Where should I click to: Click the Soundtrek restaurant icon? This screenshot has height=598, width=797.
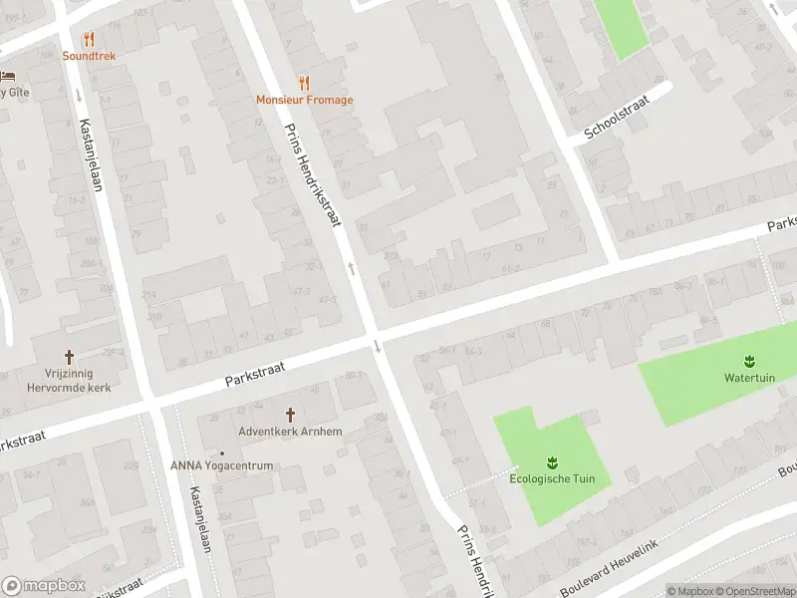[89, 40]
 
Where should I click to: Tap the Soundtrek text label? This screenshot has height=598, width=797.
[89, 56]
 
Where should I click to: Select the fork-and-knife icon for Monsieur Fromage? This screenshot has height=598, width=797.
[304, 84]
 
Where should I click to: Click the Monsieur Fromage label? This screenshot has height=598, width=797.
[304, 100]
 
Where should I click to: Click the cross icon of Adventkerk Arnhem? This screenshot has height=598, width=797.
[291, 414]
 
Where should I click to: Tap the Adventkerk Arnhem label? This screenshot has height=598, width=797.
[291, 432]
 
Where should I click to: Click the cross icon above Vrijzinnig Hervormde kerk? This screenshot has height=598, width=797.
[70, 356]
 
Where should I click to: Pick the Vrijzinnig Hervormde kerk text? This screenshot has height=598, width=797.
[70, 381]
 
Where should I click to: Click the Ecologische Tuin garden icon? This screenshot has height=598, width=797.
[552, 461]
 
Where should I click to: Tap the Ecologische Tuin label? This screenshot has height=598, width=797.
[552, 478]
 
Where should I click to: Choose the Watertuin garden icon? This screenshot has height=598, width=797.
[748, 360]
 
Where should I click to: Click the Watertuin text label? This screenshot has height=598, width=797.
[748, 378]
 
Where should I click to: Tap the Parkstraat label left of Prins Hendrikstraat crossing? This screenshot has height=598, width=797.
[255, 374]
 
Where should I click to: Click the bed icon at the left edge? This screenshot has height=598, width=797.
[8, 76]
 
